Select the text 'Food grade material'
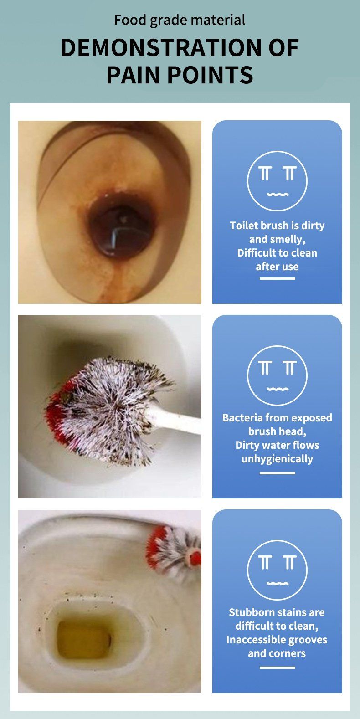coord(180,20)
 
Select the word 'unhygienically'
coord(277,459)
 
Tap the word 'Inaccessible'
coord(253,640)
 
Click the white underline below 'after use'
coord(277,278)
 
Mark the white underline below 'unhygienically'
coord(277,473)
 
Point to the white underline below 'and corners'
coord(277,668)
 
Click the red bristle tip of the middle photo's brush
coord(56,414)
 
